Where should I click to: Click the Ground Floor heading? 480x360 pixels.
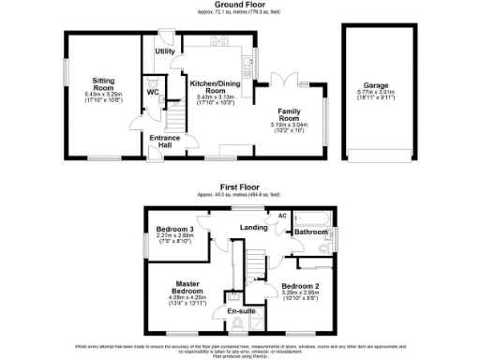239,5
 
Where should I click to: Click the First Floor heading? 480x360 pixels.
239,186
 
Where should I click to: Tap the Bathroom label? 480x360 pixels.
310,231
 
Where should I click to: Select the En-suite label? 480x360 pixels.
240,310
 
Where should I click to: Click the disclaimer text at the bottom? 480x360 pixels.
239,350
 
